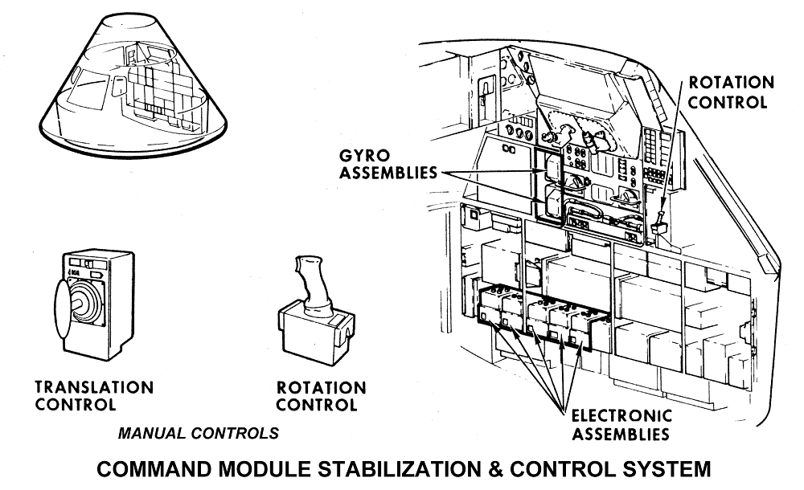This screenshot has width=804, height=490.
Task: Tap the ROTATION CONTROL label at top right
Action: pos(731,92)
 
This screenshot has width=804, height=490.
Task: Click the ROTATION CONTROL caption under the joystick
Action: pos(322,396)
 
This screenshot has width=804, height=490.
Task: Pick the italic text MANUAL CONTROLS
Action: pos(199,433)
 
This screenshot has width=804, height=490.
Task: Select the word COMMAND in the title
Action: pos(157,468)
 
